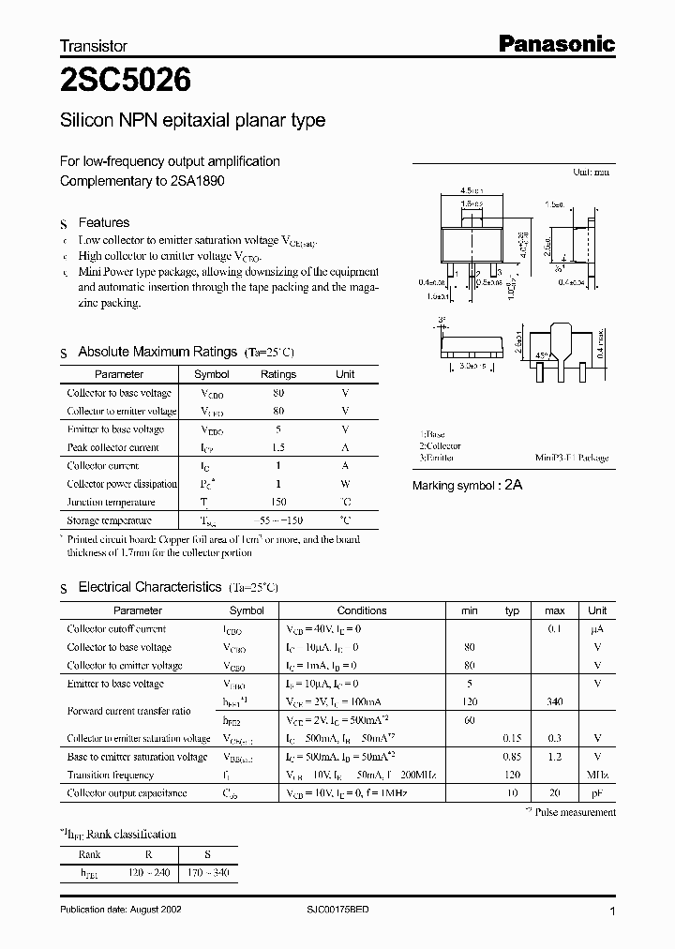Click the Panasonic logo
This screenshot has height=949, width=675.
point(555,43)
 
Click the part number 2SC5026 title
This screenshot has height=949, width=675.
point(126,81)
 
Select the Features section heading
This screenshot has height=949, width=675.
point(103,222)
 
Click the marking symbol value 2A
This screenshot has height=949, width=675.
point(514,485)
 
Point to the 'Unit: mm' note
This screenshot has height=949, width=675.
point(591,173)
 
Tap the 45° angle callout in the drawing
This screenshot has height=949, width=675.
point(543,355)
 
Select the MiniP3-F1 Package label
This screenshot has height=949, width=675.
point(572,458)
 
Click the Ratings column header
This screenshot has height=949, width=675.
point(277,374)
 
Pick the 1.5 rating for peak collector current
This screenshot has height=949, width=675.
point(277,447)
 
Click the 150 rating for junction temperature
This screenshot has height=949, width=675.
point(277,502)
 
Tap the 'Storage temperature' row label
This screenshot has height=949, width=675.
point(110,520)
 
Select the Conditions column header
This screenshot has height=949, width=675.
point(362,610)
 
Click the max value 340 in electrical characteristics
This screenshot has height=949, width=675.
point(554,701)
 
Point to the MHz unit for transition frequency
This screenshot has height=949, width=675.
point(597,775)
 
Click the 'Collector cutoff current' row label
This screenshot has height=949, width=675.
point(116,629)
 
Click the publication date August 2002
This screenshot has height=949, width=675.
point(127,911)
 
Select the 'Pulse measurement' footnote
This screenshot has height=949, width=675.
point(575,812)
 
